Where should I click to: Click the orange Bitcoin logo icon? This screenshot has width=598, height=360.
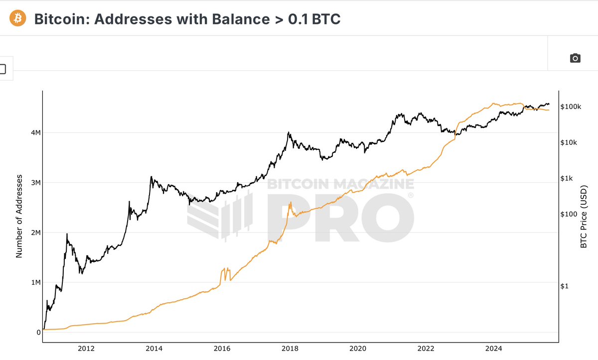click(x=17, y=18)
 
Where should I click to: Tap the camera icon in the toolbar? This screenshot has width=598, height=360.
click(x=575, y=58)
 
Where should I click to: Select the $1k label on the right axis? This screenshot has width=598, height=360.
click(x=568, y=178)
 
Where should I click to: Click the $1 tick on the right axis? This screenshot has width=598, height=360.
click(x=565, y=286)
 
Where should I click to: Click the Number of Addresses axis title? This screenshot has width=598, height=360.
click(x=19, y=216)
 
